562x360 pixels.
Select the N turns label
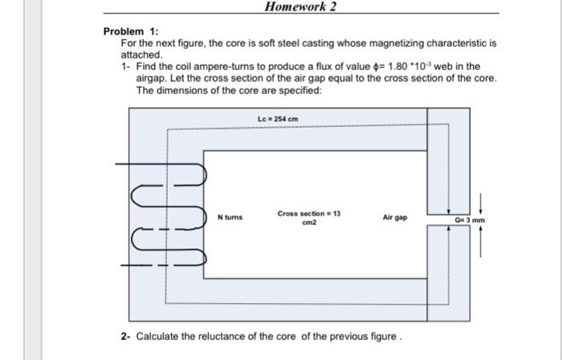(230, 217)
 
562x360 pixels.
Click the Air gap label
(395, 217)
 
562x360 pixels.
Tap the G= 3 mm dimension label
(470, 219)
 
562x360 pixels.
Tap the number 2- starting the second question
(127, 335)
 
